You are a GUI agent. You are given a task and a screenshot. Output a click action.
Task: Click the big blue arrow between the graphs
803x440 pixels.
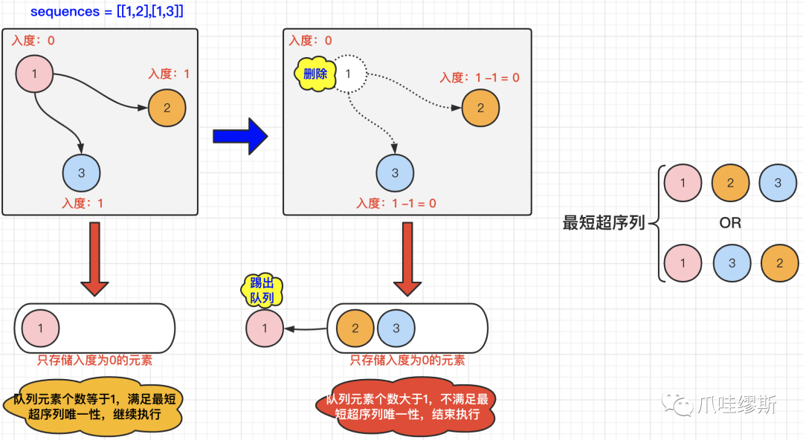(239, 136)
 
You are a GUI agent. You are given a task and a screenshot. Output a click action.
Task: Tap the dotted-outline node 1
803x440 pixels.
(348, 74)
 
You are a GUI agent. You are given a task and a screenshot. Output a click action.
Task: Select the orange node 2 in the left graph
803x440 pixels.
(167, 108)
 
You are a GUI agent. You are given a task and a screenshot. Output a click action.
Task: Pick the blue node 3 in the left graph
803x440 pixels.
(81, 173)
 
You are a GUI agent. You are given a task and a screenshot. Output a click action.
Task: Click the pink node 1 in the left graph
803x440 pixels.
(35, 74)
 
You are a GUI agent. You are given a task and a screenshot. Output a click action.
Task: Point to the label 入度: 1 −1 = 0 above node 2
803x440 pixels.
(479, 77)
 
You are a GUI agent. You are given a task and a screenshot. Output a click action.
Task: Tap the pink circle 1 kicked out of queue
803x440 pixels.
(265, 328)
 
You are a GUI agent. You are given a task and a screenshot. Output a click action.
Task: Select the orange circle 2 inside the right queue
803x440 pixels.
(355, 328)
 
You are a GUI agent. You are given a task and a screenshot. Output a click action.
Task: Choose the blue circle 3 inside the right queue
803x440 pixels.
(396, 328)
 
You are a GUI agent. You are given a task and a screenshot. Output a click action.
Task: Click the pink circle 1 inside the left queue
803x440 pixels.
(41, 328)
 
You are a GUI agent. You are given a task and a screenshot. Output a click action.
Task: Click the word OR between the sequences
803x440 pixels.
(730, 223)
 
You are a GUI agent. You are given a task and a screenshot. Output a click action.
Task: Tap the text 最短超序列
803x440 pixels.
(604, 223)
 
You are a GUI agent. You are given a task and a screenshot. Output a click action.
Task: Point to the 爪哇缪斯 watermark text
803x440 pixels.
(736, 404)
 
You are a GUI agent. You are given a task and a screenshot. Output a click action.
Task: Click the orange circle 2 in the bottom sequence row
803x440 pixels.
(779, 263)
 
